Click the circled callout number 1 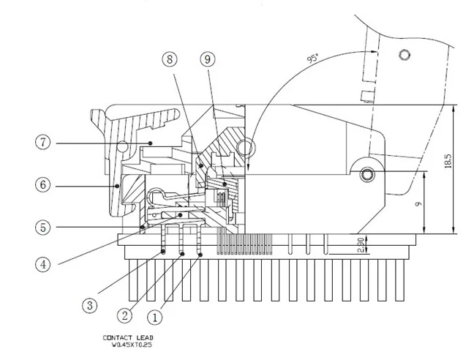coord(154,318)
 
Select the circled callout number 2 coord(124,316)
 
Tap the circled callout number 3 coord(90,306)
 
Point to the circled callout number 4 coord(43,264)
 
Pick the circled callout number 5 coord(43,228)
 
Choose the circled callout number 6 coord(43,184)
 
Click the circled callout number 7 coord(43,142)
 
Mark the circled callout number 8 coord(170,59)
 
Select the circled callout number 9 coord(208,59)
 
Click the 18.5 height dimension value coord(448,161)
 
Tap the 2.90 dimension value coord(361,244)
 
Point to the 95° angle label coord(312,57)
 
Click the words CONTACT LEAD coord(128,337)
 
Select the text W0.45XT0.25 coord(132,345)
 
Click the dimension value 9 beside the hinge coord(418,204)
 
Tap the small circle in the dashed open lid coord(405,55)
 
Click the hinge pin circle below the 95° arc coord(245,148)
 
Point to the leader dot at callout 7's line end coord(150,143)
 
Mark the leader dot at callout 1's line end coord(200,255)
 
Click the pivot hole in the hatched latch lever coord(122,146)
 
